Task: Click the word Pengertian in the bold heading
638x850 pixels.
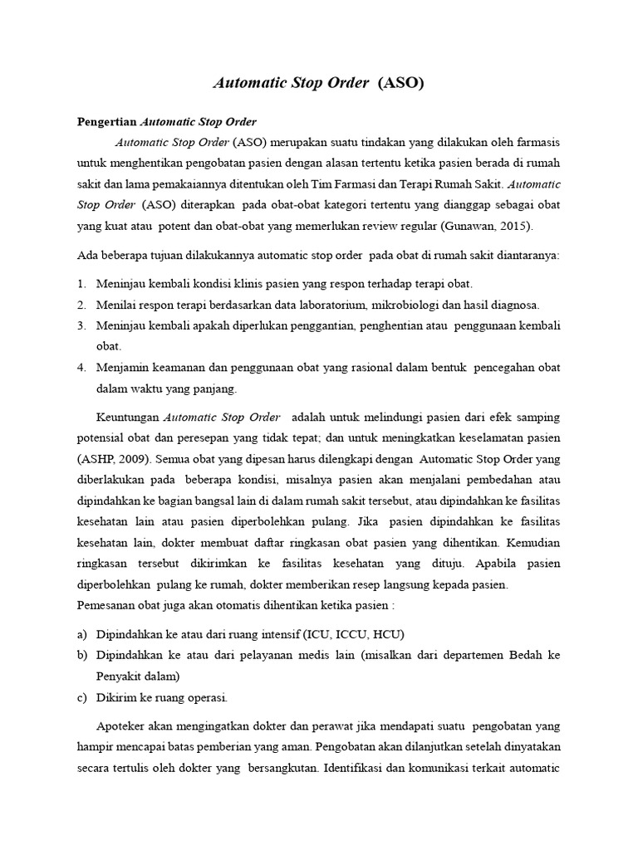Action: (106, 122)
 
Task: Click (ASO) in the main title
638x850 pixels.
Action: (402, 83)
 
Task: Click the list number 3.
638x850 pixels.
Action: (81, 325)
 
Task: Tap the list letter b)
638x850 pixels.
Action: (81, 655)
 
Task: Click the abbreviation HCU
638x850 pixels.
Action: (385, 634)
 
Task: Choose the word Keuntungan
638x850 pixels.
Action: (128, 415)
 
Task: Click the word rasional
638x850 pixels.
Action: (358, 367)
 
